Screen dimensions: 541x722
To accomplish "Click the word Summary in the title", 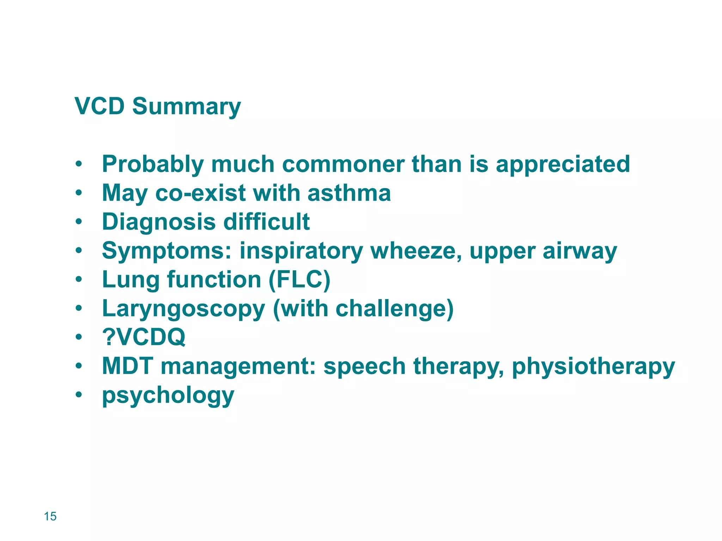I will [186, 106].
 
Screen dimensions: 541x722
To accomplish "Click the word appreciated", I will [563, 165].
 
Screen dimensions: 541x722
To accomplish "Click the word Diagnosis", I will [159, 222].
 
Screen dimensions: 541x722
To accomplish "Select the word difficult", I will [267, 222].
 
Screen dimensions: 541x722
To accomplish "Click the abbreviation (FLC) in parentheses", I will [300, 280].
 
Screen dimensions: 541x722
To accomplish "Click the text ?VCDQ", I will [143, 337].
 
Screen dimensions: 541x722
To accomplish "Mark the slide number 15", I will [50, 516].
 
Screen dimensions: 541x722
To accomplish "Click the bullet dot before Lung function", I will [79, 280].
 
